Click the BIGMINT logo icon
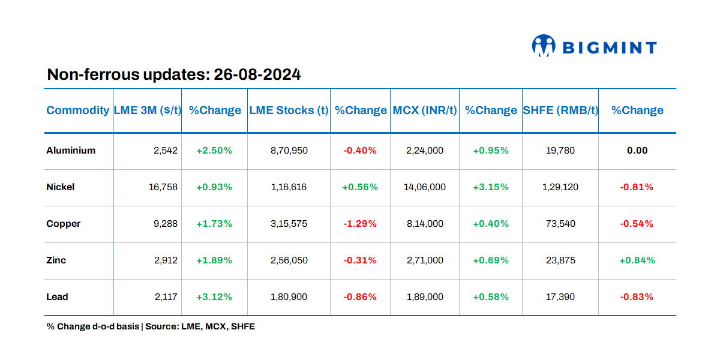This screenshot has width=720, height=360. tap(544, 46)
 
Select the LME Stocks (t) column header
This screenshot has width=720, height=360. tap(289, 110)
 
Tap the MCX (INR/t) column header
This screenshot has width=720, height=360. tap(425, 110)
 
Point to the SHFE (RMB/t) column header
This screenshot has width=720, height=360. tap(560, 110)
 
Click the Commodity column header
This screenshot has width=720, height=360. tap(78, 110)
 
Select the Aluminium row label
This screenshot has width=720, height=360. tap(71, 151)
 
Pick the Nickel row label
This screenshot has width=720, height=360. tap(61, 187)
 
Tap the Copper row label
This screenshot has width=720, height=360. tap(64, 224)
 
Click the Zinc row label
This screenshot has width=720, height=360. tap(56, 260)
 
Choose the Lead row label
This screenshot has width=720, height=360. tap(58, 297)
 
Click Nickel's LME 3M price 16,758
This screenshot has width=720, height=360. tap(163, 187)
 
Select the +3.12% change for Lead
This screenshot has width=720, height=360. tap(214, 297)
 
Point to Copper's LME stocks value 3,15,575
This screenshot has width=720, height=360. tap(289, 224)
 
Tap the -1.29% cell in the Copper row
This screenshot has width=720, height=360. tap(360, 224)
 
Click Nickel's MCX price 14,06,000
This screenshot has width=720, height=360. tap(425, 187)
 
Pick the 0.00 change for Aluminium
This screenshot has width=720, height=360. tap(637, 151)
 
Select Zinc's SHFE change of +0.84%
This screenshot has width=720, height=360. tap(637, 260)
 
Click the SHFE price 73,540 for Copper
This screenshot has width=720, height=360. tap(560, 224)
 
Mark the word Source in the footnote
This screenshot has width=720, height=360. tap(160, 327)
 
